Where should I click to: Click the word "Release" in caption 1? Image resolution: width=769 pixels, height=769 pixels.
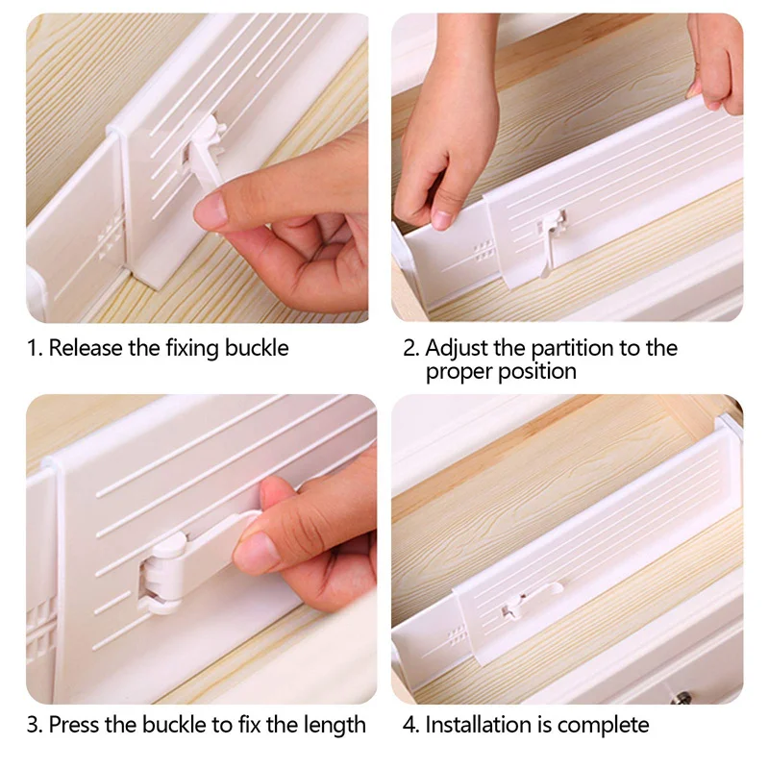click(x=86, y=348)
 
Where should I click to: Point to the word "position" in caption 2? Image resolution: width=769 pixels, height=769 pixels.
click(x=537, y=373)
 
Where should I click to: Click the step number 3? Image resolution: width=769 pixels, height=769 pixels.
click(x=33, y=725)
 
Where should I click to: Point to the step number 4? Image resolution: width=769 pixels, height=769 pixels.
click(x=409, y=725)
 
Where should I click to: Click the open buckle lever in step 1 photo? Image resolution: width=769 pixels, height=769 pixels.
click(x=205, y=157)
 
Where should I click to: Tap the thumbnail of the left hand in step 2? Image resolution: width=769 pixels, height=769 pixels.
click(x=443, y=219)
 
